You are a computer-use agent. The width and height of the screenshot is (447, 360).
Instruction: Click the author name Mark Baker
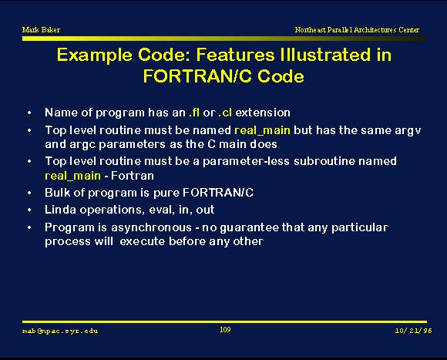[41, 29]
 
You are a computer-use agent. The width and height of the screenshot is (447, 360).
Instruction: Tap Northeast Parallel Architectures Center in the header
[357, 29]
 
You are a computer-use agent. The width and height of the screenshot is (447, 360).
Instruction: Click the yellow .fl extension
[194, 113]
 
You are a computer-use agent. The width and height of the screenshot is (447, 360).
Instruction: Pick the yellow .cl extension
[225, 113]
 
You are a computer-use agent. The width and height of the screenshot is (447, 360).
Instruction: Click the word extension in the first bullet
[263, 113]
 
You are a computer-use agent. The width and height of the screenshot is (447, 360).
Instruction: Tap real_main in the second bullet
[262, 130]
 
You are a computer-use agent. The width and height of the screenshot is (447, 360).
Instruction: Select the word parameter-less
[246, 162]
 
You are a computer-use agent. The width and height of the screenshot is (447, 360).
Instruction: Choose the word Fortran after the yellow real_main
[133, 176]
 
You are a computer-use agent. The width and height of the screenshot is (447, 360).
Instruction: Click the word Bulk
[57, 193]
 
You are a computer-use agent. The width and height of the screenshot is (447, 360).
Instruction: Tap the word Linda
[60, 210]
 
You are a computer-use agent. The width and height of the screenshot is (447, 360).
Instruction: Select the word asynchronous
[151, 228]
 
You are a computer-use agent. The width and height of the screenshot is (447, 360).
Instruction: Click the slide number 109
[225, 330]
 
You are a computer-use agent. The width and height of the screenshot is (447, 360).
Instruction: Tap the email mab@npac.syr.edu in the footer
[60, 331]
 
